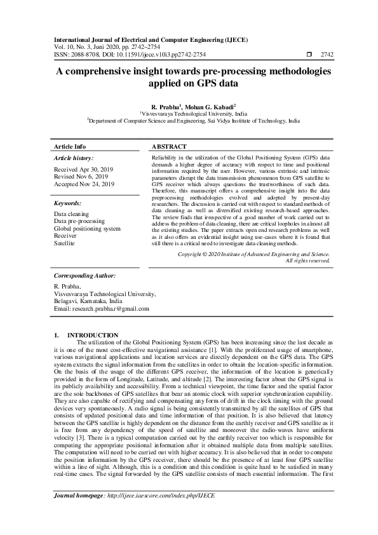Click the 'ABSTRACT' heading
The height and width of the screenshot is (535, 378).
coord(169,146)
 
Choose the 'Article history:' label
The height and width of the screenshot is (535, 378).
coord(74,158)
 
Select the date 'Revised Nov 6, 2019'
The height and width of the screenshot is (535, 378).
coord(82,177)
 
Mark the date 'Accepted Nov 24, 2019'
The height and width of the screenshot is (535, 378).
coord(84,184)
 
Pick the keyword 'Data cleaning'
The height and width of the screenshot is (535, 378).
coord(72,215)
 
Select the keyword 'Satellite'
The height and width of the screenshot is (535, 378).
coord(64,243)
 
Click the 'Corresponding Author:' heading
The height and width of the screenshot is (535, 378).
coord(84,276)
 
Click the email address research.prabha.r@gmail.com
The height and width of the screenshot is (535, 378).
coord(102,309)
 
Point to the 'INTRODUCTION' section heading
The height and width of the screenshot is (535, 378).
coord(93,335)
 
